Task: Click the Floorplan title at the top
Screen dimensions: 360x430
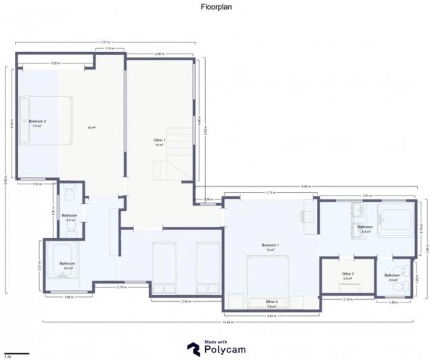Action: [x=215, y=8]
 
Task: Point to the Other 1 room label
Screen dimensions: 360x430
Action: [x=160, y=140]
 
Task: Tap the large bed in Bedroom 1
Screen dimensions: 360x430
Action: [x=271, y=277]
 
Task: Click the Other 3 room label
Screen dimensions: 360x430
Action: [x=348, y=274]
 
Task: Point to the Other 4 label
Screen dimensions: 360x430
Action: [x=271, y=302]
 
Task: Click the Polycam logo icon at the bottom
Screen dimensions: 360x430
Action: [x=194, y=348]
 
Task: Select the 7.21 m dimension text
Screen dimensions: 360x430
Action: [x=105, y=43]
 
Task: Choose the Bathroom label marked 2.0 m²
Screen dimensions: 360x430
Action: [x=392, y=276]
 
